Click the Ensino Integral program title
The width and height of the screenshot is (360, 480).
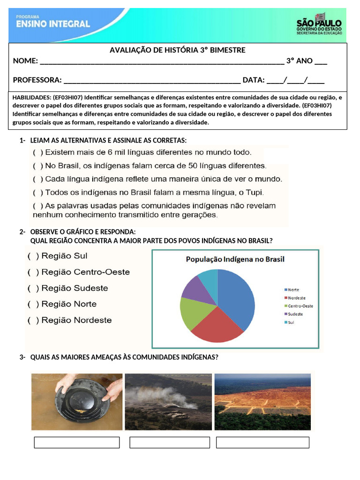point(52,23)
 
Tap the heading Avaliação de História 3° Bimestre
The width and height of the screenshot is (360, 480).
point(177,50)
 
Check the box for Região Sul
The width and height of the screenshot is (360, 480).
point(33,256)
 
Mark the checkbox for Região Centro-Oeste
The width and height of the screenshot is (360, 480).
point(33,272)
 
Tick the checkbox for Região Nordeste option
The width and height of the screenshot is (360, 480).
point(33,321)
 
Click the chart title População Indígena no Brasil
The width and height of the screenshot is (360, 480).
point(235,259)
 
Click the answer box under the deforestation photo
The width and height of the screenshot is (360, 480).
point(262,442)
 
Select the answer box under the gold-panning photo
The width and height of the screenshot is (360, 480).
point(77,442)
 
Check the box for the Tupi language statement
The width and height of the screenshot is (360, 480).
point(37,192)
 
